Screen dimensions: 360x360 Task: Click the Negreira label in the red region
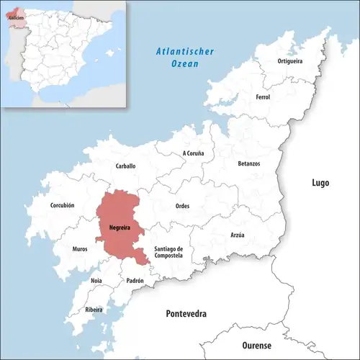point(120,228)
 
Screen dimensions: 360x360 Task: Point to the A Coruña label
point(193,153)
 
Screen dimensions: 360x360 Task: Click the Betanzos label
point(248,163)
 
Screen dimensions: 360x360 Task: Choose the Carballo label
point(125,166)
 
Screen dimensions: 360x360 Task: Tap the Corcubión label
point(62,205)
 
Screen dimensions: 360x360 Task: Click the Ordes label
point(182,206)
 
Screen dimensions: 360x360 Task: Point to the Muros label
point(80,249)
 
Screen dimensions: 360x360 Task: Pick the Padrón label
point(135,280)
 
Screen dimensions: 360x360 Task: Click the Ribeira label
point(94,310)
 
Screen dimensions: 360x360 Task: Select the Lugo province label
point(320,183)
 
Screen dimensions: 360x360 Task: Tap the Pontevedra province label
point(186,315)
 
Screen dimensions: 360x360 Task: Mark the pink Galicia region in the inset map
point(16,15)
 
